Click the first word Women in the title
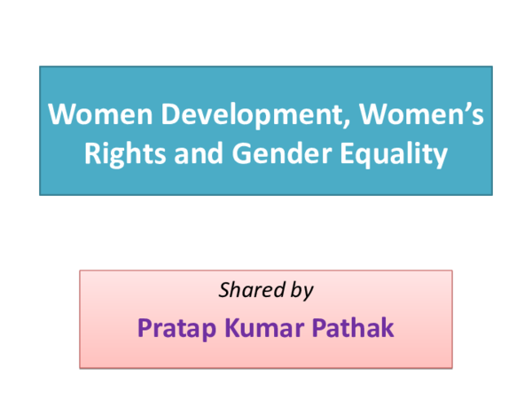[100, 114]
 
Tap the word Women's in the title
[422, 113]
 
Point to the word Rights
[125, 154]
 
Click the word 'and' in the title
[199, 153]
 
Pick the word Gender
[282, 153]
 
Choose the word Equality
[394, 155]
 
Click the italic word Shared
[252, 290]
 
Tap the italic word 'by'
[302, 292]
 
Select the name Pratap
[176, 329]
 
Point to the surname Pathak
[353, 327]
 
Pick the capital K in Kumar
[232, 328]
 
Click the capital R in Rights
[93, 153]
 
